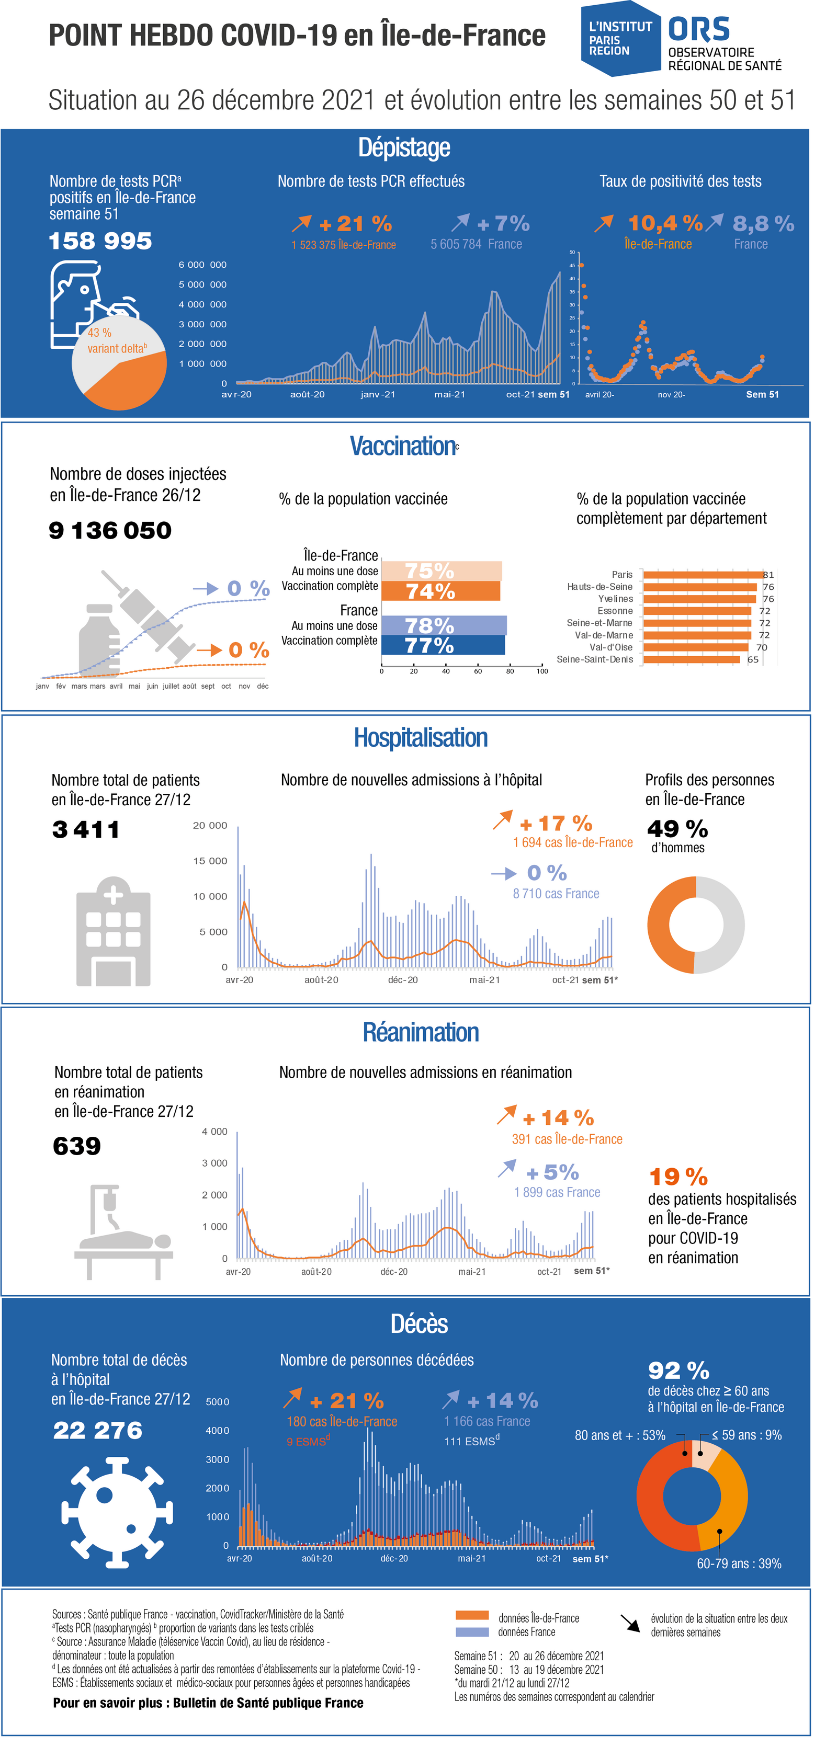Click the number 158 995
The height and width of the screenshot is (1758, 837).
click(100, 241)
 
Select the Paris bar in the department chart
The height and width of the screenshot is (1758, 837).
click(703, 575)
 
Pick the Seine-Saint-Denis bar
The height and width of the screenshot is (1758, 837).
click(692, 659)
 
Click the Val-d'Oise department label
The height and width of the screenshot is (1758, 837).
click(611, 647)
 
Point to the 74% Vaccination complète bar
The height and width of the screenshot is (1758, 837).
click(440, 591)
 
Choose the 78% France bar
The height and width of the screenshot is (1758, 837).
click(444, 625)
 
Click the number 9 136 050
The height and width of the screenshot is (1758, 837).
click(110, 530)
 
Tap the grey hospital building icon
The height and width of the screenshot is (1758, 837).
click(114, 931)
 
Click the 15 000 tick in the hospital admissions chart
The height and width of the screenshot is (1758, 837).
click(210, 861)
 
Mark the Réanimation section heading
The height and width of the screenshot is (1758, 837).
click(421, 1032)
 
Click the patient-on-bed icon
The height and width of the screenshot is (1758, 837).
click(123, 1232)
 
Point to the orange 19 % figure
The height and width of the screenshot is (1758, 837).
click(678, 1177)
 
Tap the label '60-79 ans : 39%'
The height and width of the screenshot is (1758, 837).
click(739, 1563)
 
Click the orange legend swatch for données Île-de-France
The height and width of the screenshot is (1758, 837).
click(472, 1615)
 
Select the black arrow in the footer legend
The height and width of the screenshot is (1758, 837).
click(630, 1623)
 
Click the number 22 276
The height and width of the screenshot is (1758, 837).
click(98, 1430)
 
